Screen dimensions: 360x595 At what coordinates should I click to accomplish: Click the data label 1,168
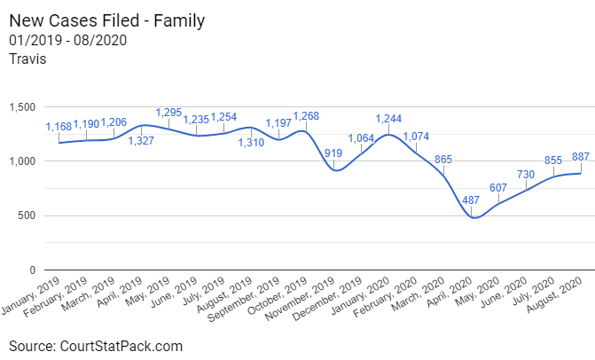[x=59, y=127]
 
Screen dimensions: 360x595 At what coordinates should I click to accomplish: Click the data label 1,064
[x=364, y=139]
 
